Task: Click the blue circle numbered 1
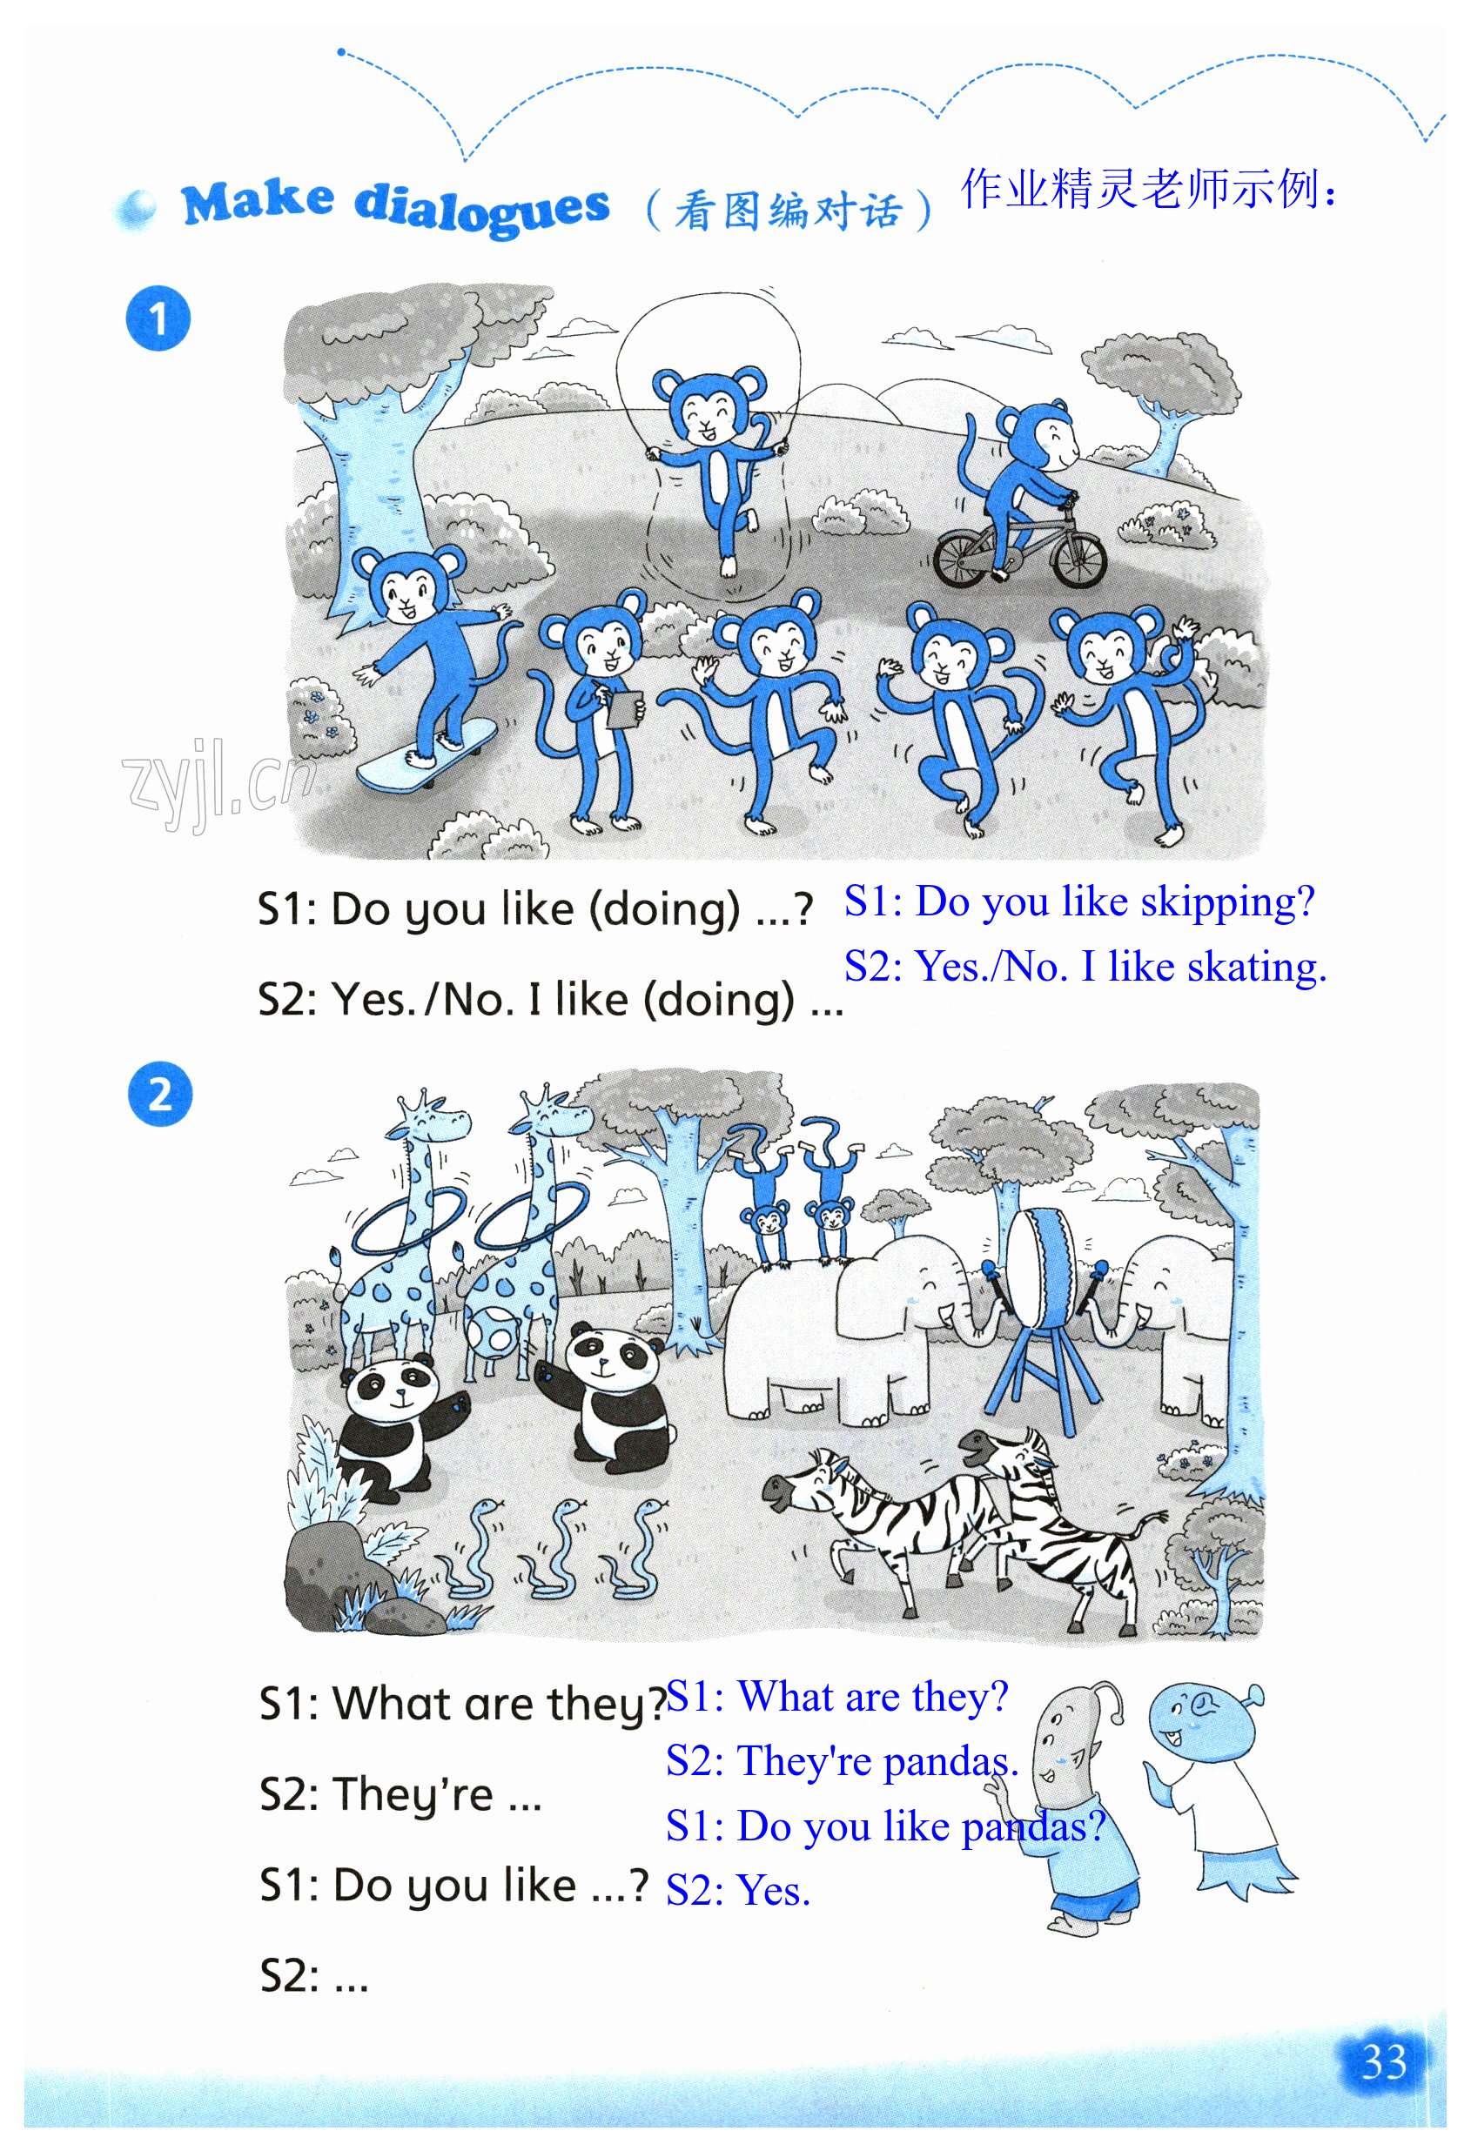(x=158, y=318)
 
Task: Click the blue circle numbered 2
(x=160, y=1094)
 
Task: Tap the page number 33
(x=1384, y=2062)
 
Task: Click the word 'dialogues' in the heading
(x=482, y=208)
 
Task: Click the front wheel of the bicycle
(x=1078, y=559)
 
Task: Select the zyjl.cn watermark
(x=219, y=783)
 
